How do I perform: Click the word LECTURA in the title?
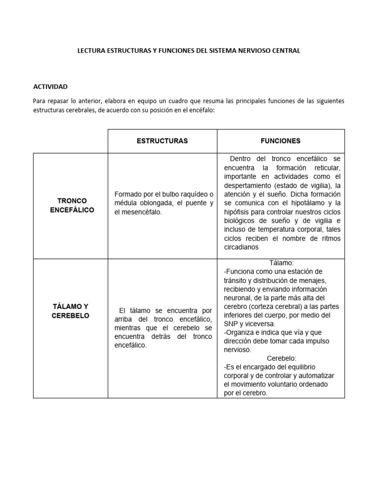91,51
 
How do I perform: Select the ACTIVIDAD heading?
50,87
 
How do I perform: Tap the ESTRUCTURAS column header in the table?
162,141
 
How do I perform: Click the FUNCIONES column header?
281,141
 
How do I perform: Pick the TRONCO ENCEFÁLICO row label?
72,206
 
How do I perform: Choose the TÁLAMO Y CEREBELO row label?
70,311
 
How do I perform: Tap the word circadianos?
242,248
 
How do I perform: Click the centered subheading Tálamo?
281,263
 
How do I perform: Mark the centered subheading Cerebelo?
281,358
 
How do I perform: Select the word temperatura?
271,229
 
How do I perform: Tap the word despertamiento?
249,185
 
